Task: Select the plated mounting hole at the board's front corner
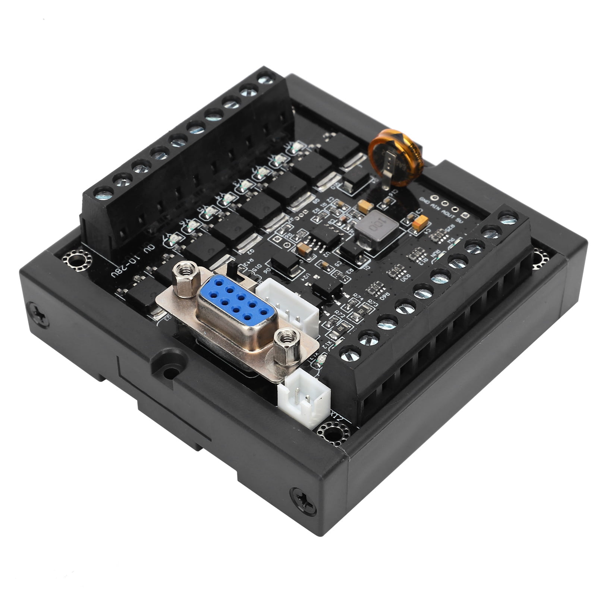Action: click(x=330, y=432)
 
